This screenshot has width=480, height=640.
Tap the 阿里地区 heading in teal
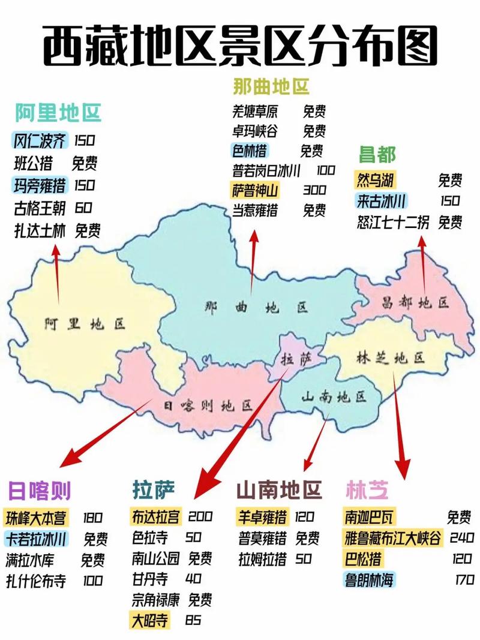[x=58, y=112]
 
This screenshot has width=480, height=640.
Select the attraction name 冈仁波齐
[x=40, y=140]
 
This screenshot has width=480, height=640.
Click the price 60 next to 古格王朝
[x=83, y=208]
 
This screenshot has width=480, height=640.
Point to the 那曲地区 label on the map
[x=256, y=308]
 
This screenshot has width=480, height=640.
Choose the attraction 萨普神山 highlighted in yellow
[x=255, y=191]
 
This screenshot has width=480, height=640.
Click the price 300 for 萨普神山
[x=314, y=191]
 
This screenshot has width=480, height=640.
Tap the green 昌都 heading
[x=377, y=154]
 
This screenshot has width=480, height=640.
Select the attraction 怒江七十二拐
[x=393, y=223]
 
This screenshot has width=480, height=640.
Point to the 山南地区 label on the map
[x=334, y=396]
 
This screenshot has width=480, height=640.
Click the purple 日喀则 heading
[x=39, y=491]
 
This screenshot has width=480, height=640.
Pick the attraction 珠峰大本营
[x=36, y=517]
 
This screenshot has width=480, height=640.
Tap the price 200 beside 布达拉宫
[x=200, y=516]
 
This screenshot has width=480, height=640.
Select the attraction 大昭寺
[x=151, y=620]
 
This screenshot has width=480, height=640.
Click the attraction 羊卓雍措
[x=262, y=516]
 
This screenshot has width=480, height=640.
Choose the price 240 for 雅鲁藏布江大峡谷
[x=461, y=537]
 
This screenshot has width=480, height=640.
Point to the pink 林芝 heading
[x=367, y=491]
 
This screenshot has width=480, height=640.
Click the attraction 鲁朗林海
[x=370, y=580]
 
